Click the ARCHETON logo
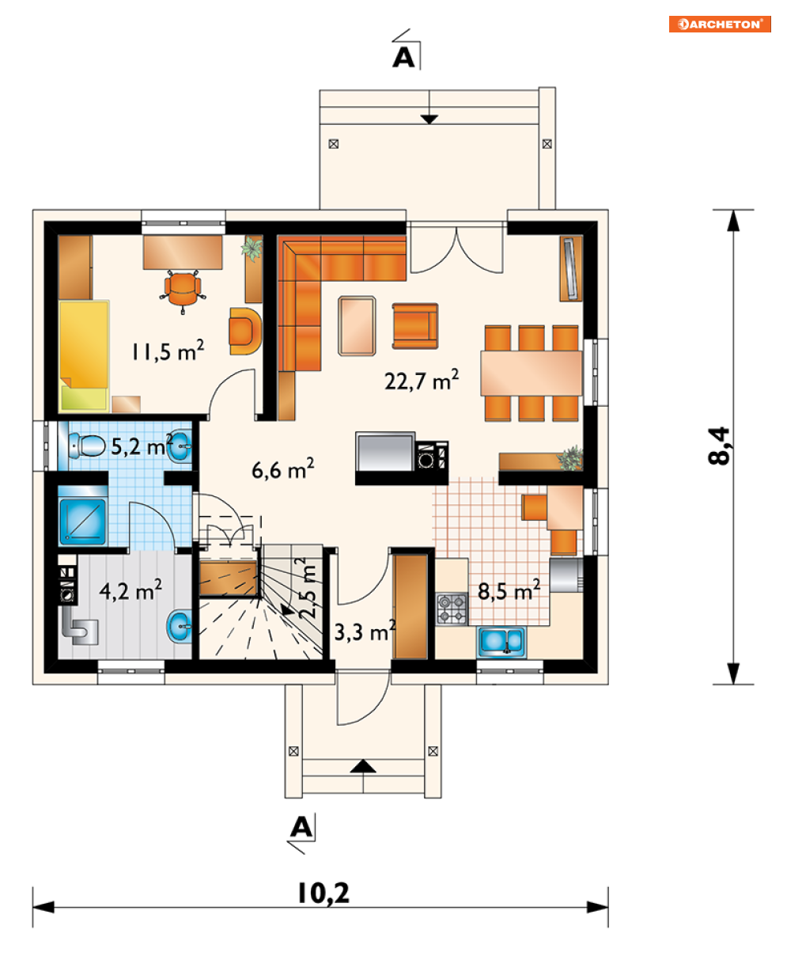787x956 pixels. tap(719, 24)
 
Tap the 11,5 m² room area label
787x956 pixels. tap(168, 351)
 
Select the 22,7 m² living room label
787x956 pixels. tap(421, 381)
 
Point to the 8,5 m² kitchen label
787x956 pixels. tap(509, 590)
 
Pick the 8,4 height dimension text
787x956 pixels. tap(718, 446)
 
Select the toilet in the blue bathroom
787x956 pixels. tap(86, 445)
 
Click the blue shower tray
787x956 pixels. tap(82, 522)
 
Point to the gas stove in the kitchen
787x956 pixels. tap(452, 609)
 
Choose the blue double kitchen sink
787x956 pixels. tap(501, 641)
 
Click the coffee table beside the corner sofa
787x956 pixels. tap(357, 325)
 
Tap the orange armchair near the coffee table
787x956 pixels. tap(415, 326)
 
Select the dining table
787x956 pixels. tap(531, 374)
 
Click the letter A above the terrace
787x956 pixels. tap(403, 58)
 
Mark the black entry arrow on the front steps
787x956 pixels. tap(363, 766)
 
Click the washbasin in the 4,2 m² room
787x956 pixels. tap(179, 627)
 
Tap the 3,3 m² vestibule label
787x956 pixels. tap(365, 632)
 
